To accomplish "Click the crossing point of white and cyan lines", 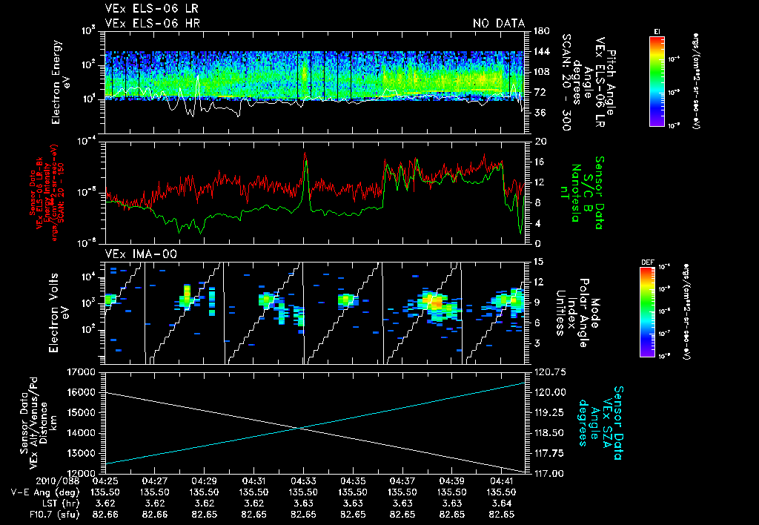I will (299, 427).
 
